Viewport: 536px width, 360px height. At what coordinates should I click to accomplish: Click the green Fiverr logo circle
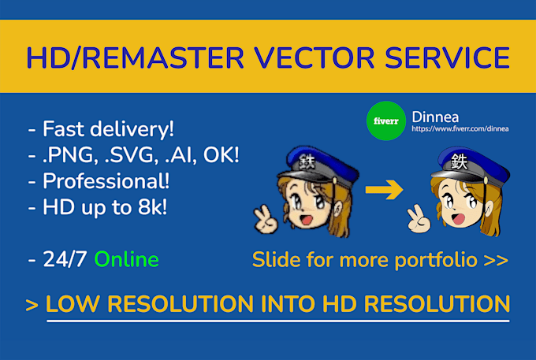pos(386,121)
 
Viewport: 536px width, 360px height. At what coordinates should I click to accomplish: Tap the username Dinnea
pos(435,117)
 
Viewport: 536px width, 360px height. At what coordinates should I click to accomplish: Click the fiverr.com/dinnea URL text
pos(460,128)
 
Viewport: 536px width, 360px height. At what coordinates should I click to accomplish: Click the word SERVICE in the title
pos(448,58)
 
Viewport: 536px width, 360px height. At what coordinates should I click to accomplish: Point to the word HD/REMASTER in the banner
pos(136,58)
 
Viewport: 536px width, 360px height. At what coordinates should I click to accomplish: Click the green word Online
pos(126,259)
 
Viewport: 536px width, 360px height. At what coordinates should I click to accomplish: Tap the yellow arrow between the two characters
pos(384,189)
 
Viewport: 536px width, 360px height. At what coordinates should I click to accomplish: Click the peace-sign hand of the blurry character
pos(266,219)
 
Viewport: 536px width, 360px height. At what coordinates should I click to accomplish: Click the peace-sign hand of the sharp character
pos(419,219)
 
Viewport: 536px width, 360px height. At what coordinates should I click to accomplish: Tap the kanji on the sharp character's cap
pos(459,161)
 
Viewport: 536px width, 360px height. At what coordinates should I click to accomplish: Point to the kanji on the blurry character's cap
pos(307,161)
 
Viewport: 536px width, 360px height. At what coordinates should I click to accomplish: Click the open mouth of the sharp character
pos(458,218)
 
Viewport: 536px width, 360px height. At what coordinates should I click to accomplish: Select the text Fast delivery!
pos(108,129)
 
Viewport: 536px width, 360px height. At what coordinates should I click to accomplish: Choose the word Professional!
pos(106,180)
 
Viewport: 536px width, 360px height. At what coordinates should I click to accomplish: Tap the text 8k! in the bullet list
pos(152,207)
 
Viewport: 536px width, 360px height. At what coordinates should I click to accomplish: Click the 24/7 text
pos(65,259)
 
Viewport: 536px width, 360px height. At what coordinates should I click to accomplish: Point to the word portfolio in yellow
pos(436,260)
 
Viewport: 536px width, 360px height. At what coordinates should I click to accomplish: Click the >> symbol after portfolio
pos(496,261)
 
